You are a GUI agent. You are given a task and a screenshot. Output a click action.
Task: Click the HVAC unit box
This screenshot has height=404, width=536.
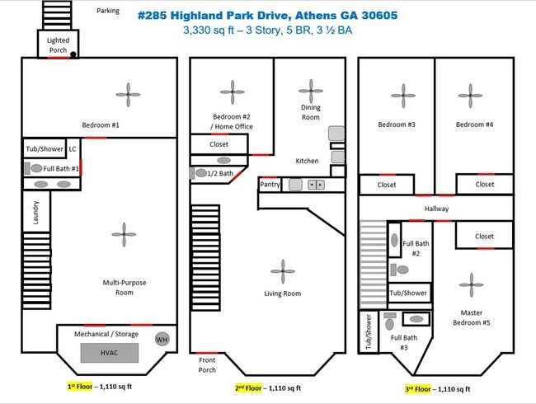tap(110, 353)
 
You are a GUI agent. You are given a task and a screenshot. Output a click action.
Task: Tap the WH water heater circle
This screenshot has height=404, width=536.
tap(162, 340)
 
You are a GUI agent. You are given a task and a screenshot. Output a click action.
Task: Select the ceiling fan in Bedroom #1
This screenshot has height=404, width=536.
tap(128, 95)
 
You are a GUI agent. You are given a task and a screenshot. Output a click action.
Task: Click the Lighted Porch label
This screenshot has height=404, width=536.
tap(58, 45)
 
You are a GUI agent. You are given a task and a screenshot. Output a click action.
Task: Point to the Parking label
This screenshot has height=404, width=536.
tap(108, 11)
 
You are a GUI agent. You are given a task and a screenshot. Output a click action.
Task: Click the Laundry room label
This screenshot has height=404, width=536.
tap(35, 213)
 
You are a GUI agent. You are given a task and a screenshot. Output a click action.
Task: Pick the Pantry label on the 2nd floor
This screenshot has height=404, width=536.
tap(270, 184)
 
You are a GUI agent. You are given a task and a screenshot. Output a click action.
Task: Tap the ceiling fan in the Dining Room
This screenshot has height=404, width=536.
tap(311, 91)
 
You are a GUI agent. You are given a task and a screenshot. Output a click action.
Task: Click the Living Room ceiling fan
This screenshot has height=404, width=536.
tap(283, 271)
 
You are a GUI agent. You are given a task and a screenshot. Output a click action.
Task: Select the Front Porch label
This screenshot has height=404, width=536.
tap(207, 364)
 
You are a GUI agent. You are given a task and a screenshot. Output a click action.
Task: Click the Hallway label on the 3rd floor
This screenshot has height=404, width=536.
tap(436, 209)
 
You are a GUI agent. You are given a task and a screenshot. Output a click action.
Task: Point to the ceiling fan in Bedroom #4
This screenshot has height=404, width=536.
tap(470, 96)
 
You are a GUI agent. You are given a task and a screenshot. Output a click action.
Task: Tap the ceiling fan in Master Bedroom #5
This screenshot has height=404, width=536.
tap(472, 284)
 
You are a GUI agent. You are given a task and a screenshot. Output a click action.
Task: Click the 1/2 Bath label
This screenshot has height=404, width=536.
tap(220, 173)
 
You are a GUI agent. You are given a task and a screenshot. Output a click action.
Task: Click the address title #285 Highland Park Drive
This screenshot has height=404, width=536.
tap(268, 16)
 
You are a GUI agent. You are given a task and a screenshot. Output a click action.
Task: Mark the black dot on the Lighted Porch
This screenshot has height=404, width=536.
tap(73, 54)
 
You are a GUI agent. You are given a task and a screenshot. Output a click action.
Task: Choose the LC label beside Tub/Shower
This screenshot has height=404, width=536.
tap(73, 148)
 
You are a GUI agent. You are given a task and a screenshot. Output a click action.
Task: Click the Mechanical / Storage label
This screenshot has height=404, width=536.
tap(106, 334)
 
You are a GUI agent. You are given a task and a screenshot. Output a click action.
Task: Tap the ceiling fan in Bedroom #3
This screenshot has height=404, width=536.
tap(403, 96)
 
